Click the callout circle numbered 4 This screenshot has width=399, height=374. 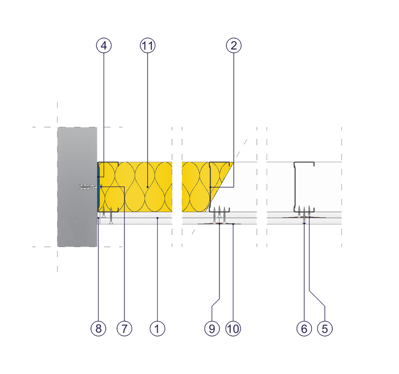pyautogui.click(x=104, y=45)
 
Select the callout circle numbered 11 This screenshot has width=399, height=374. pyautogui.click(x=147, y=45)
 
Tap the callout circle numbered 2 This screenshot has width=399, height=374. pyautogui.click(x=233, y=45)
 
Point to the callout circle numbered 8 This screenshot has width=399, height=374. pyautogui.click(x=98, y=329)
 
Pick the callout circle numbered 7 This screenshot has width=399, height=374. pyautogui.click(x=124, y=329)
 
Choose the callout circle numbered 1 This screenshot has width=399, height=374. pyautogui.click(x=157, y=329)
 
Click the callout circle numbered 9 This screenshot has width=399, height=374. pyautogui.click(x=212, y=329)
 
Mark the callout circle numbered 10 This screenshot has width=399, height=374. pyautogui.click(x=233, y=329)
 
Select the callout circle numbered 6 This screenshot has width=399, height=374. pyautogui.click(x=304, y=329)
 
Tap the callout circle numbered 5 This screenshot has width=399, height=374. pyautogui.click(x=325, y=329)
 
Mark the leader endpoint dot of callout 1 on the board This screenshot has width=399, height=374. pyautogui.click(x=157, y=218)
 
